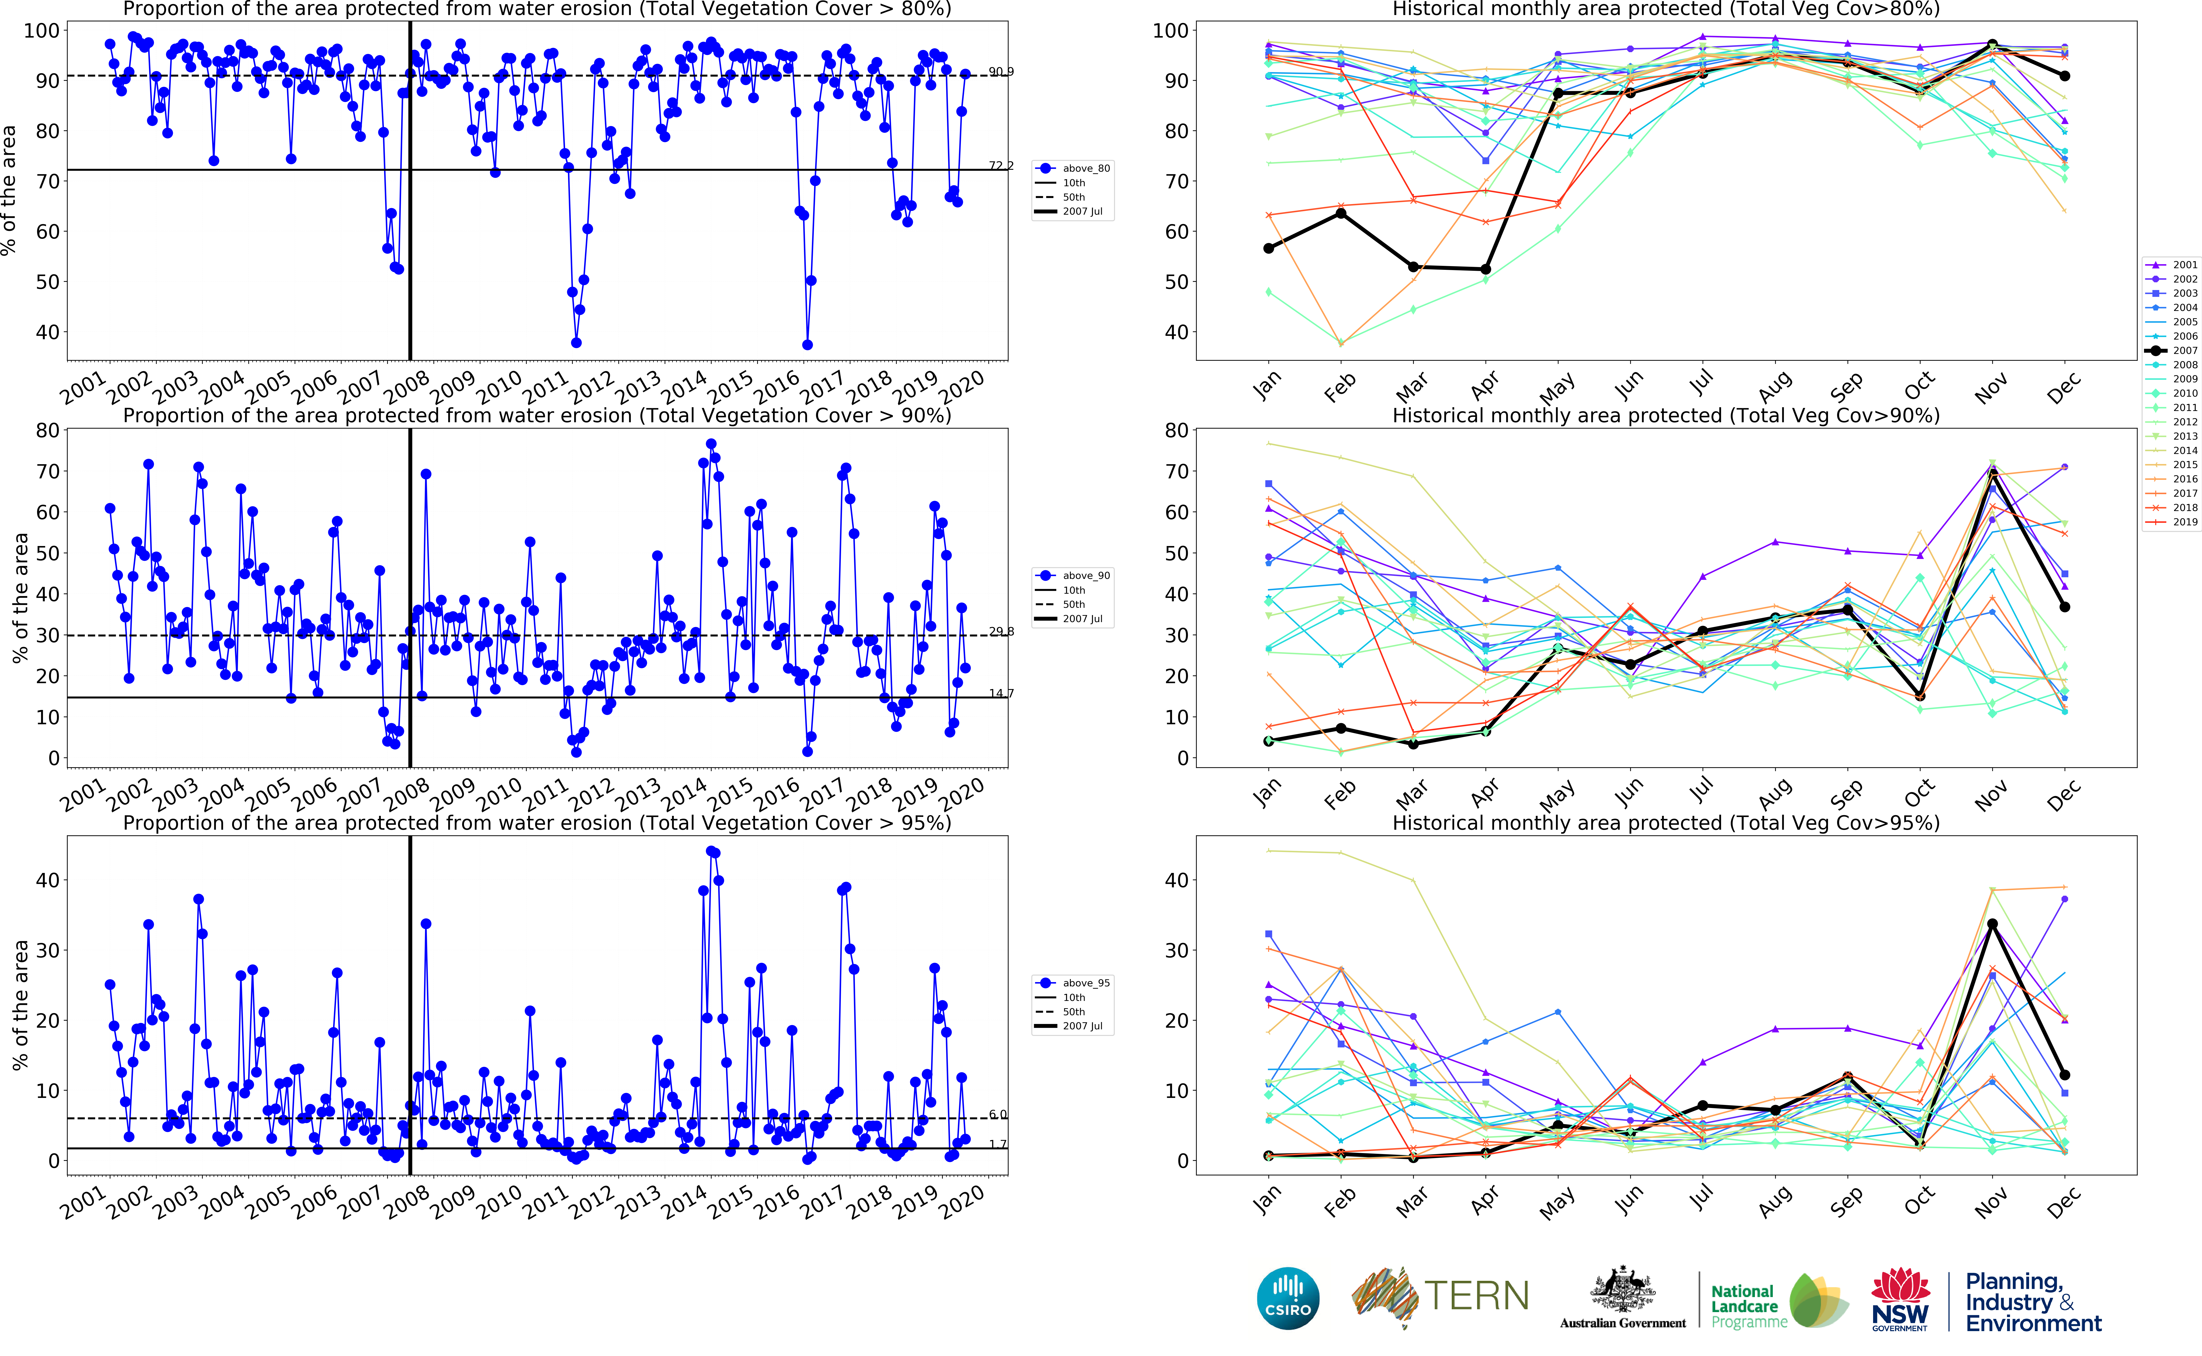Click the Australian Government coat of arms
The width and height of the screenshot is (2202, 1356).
pos(1622,1291)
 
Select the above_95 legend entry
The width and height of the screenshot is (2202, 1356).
pos(1075,983)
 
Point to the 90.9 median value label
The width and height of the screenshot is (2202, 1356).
pos(1001,72)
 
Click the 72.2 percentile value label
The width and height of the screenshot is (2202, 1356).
pos(1001,166)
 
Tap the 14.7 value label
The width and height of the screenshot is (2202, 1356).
pos(1001,693)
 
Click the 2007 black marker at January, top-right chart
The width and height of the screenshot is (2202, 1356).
pos(1268,248)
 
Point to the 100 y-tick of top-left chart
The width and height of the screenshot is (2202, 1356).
pos(41,31)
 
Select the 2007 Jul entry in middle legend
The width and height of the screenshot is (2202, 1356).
pos(1075,619)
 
